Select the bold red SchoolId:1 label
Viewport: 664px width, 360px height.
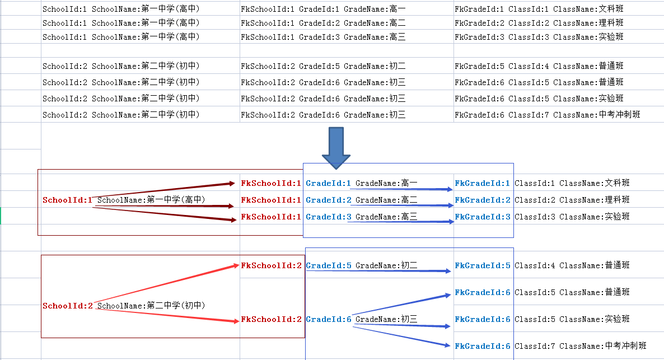point(67,200)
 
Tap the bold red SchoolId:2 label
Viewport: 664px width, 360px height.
point(68,306)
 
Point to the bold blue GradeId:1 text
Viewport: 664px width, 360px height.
point(329,183)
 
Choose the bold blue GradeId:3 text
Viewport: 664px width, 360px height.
point(329,217)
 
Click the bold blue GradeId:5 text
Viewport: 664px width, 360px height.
point(329,265)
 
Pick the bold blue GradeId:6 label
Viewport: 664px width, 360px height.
point(329,319)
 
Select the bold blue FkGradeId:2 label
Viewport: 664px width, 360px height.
point(483,200)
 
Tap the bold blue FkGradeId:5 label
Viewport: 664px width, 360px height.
point(483,265)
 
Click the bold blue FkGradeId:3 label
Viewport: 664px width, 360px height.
point(483,217)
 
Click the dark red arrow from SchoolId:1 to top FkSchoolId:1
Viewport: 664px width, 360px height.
point(165,190)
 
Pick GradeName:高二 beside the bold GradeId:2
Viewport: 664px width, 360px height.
point(386,200)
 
